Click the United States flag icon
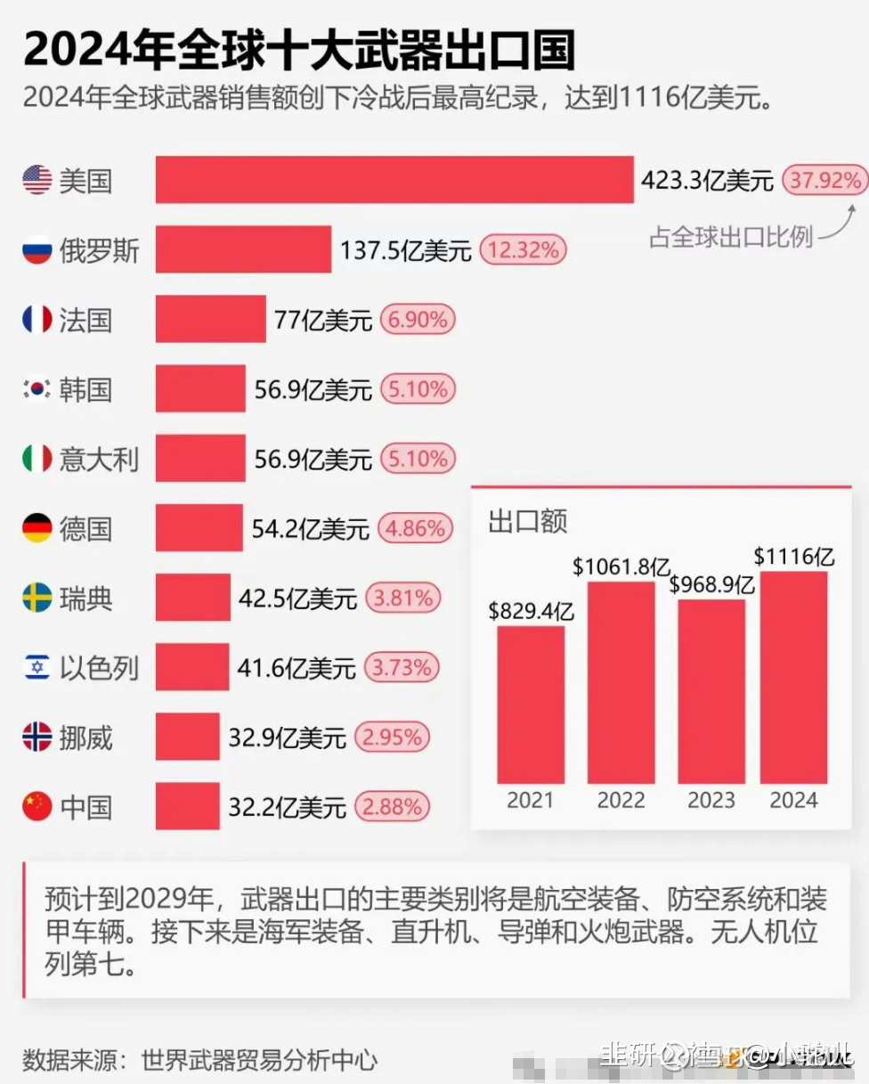[37, 180]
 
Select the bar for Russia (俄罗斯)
[243, 249]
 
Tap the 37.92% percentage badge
[825, 181]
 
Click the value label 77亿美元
[322, 320]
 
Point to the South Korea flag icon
[37, 389]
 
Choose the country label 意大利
[99, 459]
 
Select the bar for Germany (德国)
[199, 528]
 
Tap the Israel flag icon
[37, 667]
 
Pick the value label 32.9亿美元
[287, 738]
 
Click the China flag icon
[37, 807]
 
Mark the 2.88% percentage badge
[392, 807]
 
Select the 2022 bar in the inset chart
[621, 681]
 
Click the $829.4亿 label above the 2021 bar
[531, 612]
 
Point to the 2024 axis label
[793, 800]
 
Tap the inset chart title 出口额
[527, 522]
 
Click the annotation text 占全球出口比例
[730, 238]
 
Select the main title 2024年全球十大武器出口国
[298, 49]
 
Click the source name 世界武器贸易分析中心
[258, 1060]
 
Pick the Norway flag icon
[37, 738]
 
